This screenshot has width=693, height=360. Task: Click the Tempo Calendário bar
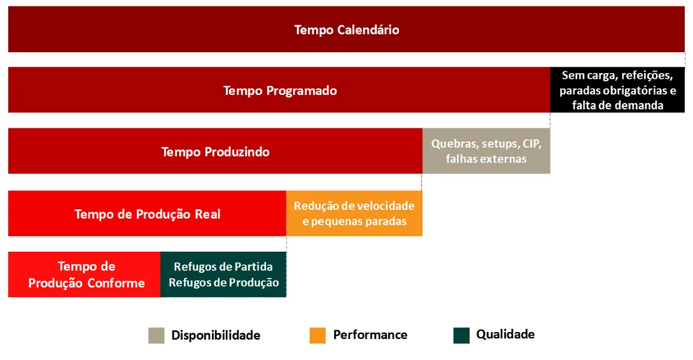[346, 29]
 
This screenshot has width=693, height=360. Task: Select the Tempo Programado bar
[279, 90]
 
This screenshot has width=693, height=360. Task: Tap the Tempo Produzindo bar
[215, 151]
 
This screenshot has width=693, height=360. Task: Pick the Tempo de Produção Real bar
[147, 213]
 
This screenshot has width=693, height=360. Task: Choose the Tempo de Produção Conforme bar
[85, 274]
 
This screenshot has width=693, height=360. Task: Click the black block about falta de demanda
[617, 90]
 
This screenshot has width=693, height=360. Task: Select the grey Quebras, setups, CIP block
[486, 151]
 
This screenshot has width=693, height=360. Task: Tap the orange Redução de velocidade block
[354, 213]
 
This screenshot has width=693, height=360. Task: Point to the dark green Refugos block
[223, 274]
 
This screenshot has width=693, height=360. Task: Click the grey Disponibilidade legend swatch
[157, 335]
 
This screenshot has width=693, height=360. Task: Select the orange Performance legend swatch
[318, 335]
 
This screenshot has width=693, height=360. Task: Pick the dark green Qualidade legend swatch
[461, 335]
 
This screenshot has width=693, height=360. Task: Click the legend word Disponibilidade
[216, 335]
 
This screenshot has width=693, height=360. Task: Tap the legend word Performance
[370, 335]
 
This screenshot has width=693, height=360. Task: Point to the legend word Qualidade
[505, 335]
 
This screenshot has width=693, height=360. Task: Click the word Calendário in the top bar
[368, 30]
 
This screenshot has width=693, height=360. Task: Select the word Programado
[300, 91]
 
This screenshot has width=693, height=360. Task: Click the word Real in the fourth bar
[207, 214]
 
